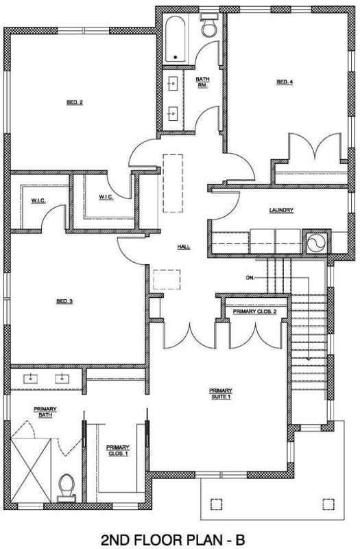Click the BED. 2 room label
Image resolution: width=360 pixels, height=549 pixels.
coord(75,102)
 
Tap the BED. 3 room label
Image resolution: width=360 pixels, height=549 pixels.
coord(64,301)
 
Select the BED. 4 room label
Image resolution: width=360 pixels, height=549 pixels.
coord(285,82)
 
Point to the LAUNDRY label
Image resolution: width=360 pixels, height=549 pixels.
coord(281,210)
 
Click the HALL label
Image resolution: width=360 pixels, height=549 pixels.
coord(184,247)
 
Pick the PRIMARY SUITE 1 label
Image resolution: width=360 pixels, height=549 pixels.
coord(220,393)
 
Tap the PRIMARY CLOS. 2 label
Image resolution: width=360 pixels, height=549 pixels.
coord(254,312)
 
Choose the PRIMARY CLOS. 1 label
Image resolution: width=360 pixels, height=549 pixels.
coord(118,450)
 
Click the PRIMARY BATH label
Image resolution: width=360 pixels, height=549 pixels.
coord(45,412)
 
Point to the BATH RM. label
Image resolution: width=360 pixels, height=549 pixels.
coord(202,82)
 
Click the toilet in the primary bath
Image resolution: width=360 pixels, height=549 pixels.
coord(67,487)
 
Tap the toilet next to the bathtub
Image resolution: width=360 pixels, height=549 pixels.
coord(209,25)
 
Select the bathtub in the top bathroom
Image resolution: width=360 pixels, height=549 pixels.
coord(175,38)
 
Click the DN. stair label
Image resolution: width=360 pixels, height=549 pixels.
coord(250,278)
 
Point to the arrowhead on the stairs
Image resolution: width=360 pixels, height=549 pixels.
coord(309,358)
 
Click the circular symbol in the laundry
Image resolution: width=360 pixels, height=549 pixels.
coord(316,242)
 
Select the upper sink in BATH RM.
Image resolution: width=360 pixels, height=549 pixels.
coord(173,84)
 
